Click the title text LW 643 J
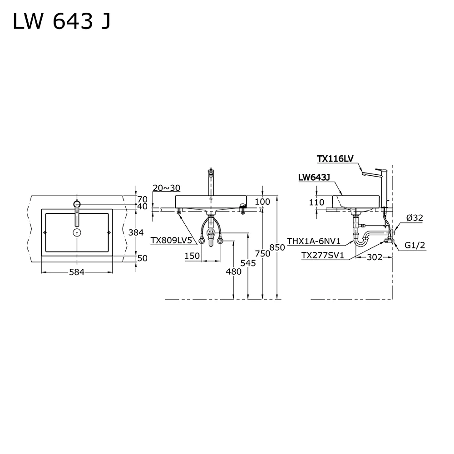click(62, 21)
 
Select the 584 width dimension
click(77, 272)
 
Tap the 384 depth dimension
click(136, 232)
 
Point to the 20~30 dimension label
click(167, 188)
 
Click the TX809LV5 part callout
click(171, 240)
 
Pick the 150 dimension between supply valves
click(192, 256)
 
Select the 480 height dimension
click(234, 271)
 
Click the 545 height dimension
click(248, 263)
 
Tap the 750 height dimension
click(262, 254)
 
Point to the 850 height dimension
click(277, 247)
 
